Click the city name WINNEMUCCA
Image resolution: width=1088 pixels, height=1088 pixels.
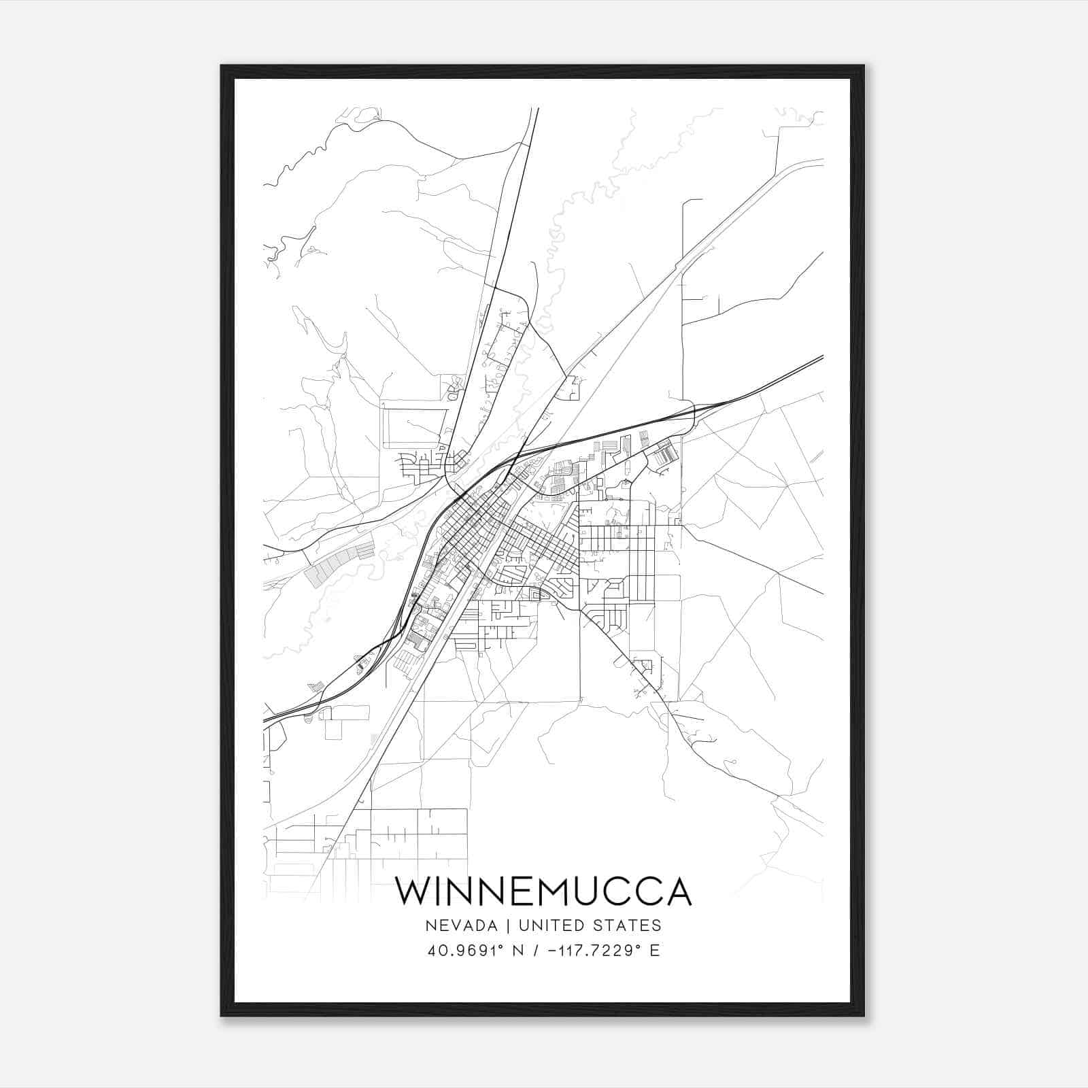pos(543,891)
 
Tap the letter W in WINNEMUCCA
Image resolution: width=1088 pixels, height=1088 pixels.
pos(413,891)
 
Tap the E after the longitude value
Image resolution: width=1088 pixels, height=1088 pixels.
pos(655,951)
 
